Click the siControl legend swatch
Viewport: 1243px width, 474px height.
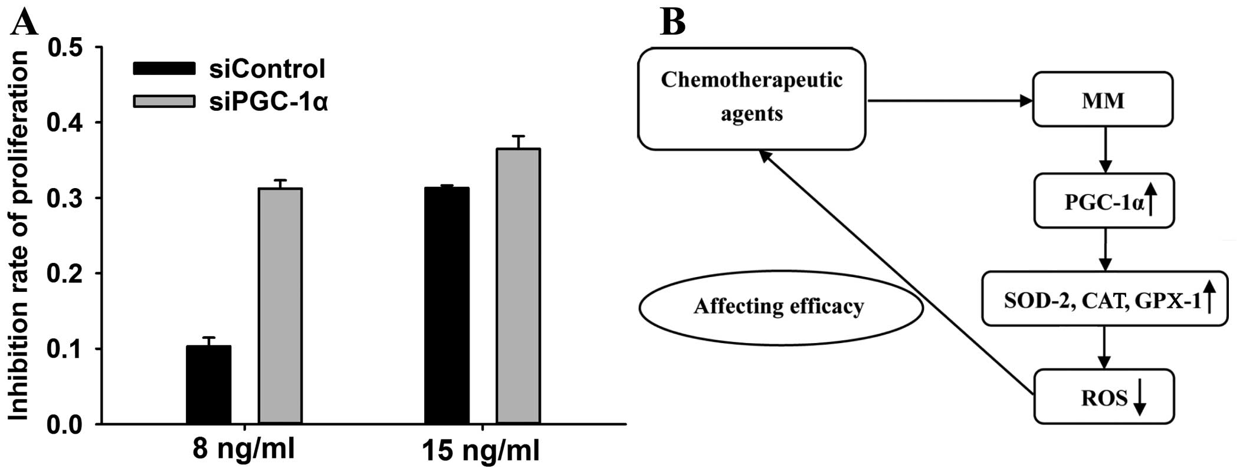164,69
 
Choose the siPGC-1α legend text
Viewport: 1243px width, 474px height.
268,103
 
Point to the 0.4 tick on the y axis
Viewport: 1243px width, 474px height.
97,123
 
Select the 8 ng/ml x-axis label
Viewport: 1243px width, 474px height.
244,450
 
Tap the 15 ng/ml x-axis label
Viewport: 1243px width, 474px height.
481,452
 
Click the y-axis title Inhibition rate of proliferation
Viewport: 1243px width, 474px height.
18,236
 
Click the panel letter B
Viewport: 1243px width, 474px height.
673,22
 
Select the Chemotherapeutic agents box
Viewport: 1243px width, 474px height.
752,98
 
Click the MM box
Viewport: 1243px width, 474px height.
1103,100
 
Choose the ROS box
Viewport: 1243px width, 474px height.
1104,397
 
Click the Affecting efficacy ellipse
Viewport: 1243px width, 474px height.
780,307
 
